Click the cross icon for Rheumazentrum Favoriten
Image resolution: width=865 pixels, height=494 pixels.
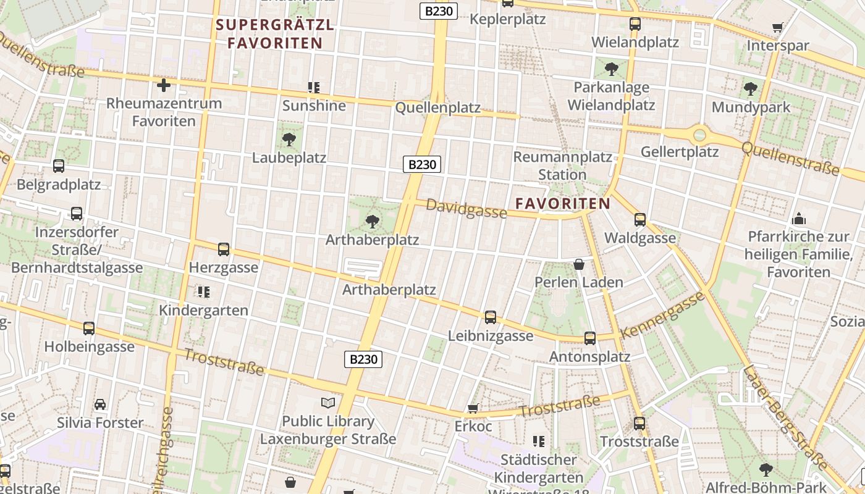pos(164,85)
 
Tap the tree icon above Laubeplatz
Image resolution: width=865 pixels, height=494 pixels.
pos(289,139)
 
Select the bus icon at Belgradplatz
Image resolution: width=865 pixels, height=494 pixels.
pos(59,166)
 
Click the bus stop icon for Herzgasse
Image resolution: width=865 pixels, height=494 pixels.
pos(224,249)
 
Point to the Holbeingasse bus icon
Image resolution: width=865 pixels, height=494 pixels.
pos(89,329)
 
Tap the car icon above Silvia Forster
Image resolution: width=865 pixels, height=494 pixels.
pos(100,404)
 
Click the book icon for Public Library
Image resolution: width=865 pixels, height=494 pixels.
pos(327,403)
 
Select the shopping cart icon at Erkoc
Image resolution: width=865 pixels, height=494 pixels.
pos(473,408)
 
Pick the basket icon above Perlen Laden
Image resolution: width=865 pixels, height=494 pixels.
pos(579,264)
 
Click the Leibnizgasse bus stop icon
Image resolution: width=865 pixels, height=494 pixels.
pos(491,317)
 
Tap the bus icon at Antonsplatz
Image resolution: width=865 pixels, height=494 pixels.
pos(590,338)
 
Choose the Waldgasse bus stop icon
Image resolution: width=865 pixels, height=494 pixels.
pos(640,219)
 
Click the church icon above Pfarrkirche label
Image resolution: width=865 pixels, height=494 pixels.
pos(798,219)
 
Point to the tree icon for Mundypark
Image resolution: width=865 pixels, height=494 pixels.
pos(751,89)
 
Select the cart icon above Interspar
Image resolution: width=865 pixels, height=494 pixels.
pos(778,28)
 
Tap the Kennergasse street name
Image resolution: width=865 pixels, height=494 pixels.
pos(662,315)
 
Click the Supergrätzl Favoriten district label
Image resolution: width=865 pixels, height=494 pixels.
pos(275,34)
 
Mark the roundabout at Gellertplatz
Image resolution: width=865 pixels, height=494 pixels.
pos(699,135)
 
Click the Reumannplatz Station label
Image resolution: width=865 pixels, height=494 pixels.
pos(562,165)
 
